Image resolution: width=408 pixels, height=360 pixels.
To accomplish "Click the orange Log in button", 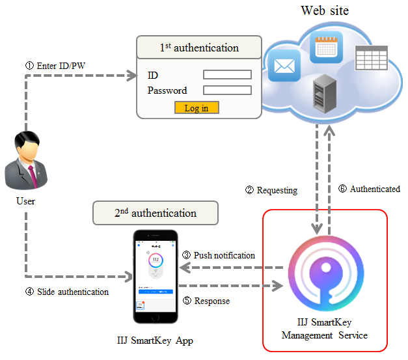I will point(197,107).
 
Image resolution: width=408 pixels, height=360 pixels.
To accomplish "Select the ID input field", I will point(227,75).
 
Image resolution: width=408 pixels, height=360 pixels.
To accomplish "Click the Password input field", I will point(227,90).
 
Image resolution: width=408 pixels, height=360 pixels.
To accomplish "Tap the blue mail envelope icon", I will point(282,66).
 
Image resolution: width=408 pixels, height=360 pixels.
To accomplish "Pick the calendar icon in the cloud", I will point(326,47).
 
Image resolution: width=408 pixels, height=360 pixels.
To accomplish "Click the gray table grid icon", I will point(371,59).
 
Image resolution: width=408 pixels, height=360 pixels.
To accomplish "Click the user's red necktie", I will point(31,172).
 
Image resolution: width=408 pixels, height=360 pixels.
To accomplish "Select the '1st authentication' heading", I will point(199,48).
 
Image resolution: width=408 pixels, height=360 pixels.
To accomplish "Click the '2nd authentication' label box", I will point(156,213).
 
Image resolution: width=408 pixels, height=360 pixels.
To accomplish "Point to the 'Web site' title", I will point(325,10).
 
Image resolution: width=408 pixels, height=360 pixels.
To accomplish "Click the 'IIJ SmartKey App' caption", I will point(155,340).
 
